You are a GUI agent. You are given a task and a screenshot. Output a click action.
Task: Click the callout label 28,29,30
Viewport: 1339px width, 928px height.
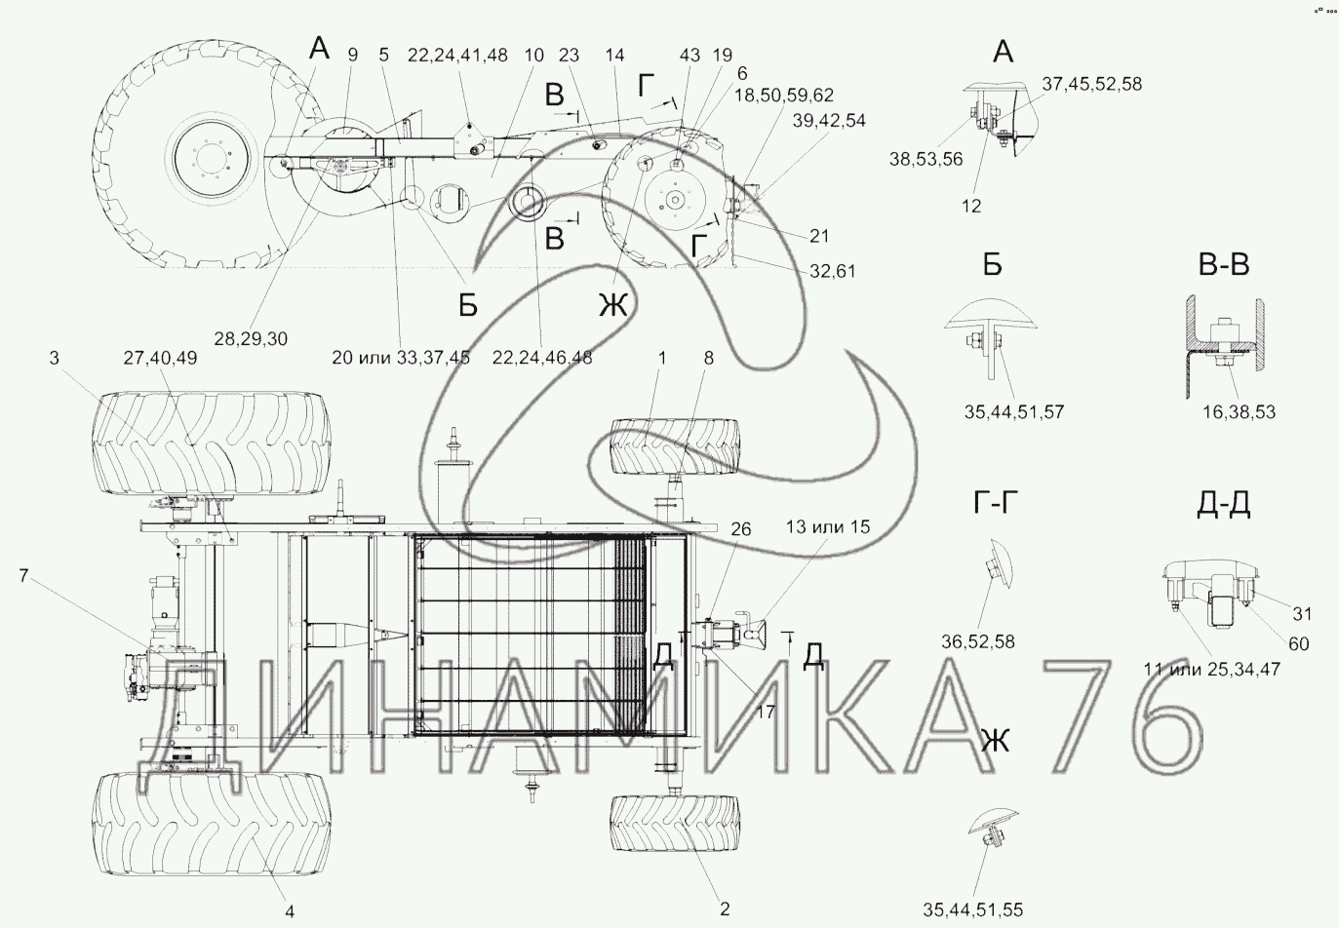tap(251, 339)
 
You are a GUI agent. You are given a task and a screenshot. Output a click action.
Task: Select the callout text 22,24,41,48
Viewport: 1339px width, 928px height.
tap(457, 56)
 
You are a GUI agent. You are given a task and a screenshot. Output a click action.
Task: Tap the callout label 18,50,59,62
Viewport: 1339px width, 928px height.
tap(784, 95)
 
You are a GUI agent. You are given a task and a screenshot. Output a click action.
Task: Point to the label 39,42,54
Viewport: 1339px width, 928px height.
tap(829, 121)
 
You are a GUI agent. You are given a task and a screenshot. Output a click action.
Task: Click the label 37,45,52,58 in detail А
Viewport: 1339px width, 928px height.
tap(1092, 84)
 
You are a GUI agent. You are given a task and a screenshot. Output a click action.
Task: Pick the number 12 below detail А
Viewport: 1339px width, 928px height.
tap(971, 206)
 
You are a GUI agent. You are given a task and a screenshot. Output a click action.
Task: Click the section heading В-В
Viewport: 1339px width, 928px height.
tap(1224, 265)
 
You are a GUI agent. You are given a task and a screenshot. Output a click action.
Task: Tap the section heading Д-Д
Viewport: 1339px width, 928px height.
tap(1224, 505)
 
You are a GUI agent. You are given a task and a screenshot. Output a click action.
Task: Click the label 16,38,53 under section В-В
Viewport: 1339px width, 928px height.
tap(1240, 411)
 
